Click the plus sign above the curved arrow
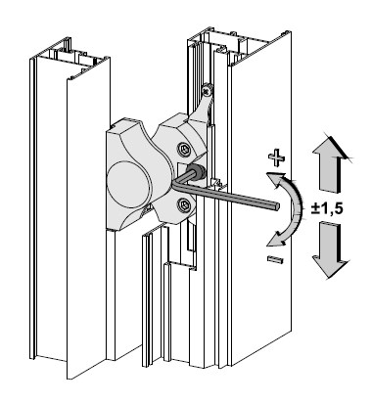(276, 158)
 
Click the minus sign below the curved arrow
(275, 259)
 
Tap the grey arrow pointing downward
(330, 250)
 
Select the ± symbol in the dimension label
(315, 208)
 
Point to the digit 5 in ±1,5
(338, 208)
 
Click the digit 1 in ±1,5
(325, 208)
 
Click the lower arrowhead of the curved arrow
(273, 241)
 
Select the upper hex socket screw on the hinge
(184, 150)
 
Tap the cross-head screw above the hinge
(208, 88)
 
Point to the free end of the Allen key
(277, 206)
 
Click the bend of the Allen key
(174, 186)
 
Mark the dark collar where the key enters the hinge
(196, 171)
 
